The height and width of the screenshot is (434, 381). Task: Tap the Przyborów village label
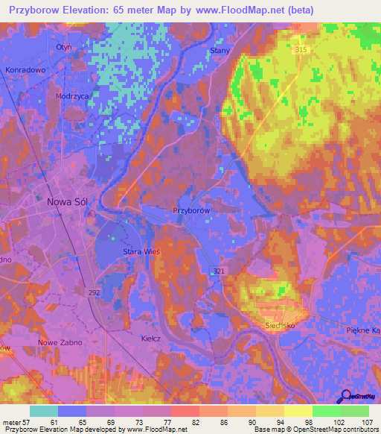(x=193, y=211)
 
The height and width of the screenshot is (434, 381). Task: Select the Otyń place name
(x=63, y=46)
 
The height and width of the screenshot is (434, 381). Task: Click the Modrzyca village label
(x=72, y=96)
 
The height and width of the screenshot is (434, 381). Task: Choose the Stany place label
(x=220, y=50)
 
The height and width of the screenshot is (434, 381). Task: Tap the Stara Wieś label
(x=141, y=252)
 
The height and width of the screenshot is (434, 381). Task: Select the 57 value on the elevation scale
(x=25, y=421)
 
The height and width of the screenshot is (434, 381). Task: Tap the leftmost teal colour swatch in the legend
(x=43, y=410)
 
